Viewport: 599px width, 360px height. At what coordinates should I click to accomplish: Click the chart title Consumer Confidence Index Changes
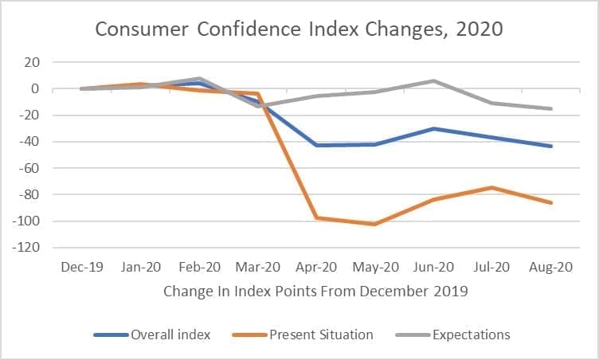tap(299, 30)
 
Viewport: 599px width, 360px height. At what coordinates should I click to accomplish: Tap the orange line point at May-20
tap(374, 225)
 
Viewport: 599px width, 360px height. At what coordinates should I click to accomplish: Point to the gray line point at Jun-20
tap(433, 80)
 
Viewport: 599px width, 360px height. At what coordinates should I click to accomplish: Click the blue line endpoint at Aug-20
tap(550, 146)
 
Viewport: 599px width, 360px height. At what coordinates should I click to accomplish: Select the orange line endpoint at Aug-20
tap(550, 202)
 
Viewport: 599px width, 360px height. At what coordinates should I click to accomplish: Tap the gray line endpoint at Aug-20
tap(550, 108)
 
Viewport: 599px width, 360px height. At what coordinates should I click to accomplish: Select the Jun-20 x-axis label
tap(433, 268)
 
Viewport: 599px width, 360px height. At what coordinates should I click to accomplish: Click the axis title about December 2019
tap(315, 292)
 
